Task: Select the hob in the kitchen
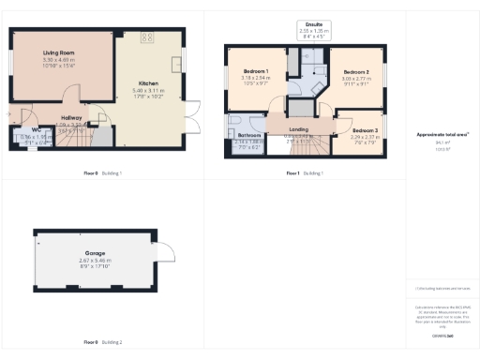click(147, 37)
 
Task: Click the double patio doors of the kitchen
click(191, 113)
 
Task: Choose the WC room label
click(35, 130)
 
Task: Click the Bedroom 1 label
click(255, 72)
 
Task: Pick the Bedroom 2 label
click(355, 72)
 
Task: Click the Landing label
click(298, 129)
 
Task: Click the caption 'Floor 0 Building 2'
click(103, 342)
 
